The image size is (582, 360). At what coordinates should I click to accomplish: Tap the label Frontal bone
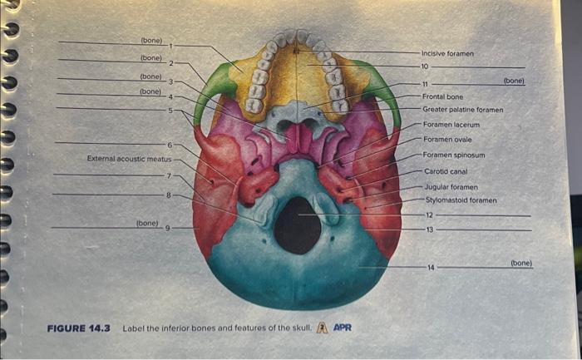(x=442, y=96)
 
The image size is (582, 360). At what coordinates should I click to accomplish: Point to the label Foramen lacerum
(x=451, y=125)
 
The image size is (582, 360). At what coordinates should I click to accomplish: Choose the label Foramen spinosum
(x=453, y=155)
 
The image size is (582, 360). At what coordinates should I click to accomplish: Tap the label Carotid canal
(x=445, y=171)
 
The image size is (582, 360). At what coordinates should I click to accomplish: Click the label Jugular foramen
(x=451, y=187)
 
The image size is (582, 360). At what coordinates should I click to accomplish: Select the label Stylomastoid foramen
(x=461, y=200)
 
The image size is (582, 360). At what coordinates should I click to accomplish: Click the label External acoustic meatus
(x=129, y=158)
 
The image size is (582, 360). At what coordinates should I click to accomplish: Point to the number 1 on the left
(x=170, y=45)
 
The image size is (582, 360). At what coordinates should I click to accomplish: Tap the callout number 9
(x=170, y=227)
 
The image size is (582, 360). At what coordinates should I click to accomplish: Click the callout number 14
(x=431, y=267)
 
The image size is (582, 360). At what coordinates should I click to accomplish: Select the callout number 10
(x=424, y=66)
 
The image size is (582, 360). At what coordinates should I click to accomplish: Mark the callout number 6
(x=169, y=145)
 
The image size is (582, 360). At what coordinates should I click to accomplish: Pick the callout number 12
(x=429, y=215)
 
